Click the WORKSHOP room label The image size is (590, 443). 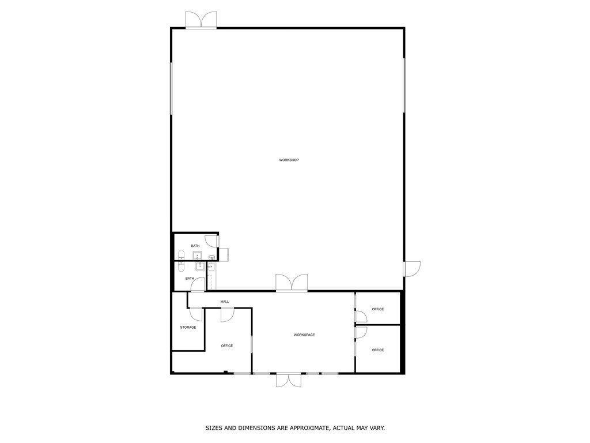289,160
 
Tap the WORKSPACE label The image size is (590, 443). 304,335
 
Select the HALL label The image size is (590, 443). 225,302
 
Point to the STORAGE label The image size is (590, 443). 188,327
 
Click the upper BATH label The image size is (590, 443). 195,246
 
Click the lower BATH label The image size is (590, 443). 190,279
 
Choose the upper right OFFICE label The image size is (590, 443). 377,309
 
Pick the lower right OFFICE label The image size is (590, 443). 377,350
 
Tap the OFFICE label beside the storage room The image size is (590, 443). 227,346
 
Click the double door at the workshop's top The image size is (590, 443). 201,20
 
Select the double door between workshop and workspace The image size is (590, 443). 292,283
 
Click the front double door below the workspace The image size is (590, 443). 288,380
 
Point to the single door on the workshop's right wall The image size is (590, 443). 412,269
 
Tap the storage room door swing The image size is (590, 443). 196,314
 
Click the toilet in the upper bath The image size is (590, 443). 181,254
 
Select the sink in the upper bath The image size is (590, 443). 196,256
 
